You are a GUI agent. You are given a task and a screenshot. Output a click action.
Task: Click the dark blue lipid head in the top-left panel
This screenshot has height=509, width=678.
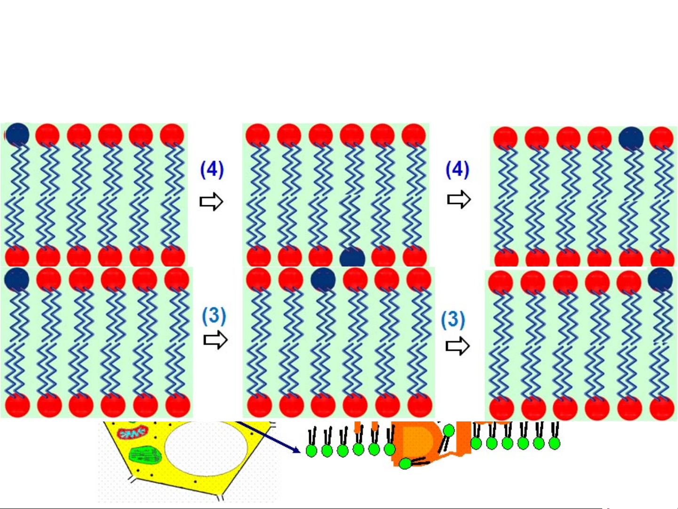(x=17, y=135)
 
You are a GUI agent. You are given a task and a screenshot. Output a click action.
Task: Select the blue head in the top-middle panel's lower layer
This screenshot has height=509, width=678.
(x=352, y=258)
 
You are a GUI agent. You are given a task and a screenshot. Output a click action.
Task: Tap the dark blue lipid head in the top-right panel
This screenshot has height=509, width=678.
(x=631, y=138)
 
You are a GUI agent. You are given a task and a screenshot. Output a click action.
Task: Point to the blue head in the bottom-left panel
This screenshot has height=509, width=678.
(x=17, y=279)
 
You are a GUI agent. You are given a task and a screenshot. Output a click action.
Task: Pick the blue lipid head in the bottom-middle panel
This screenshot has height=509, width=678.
(x=323, y=280)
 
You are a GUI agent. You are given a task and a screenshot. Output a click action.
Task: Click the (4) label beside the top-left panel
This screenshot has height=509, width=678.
(x=212, y=170)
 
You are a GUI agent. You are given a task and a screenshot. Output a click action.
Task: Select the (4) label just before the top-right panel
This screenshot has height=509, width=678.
(x=457, y=170)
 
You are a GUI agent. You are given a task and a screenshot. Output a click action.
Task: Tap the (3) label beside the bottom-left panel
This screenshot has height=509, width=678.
(x=214, y=316)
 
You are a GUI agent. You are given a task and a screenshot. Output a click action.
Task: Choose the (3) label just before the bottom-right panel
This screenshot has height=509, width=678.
(x=453, y=319)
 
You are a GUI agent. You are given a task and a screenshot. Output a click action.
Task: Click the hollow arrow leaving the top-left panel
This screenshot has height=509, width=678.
(x=211, y=202)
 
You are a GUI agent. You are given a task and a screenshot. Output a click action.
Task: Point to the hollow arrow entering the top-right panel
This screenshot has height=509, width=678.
(x=459, y=200)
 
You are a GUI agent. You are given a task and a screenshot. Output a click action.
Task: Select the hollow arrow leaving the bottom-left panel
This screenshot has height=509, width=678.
(x=215, y=340)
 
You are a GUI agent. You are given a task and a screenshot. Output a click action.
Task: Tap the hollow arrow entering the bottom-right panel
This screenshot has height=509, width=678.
(x=457, y=347)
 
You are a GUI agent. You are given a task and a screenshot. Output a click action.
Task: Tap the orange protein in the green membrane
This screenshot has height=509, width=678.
(x=416, y=443)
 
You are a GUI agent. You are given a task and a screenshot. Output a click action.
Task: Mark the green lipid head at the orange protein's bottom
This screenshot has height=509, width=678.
(x=405, y=464)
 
